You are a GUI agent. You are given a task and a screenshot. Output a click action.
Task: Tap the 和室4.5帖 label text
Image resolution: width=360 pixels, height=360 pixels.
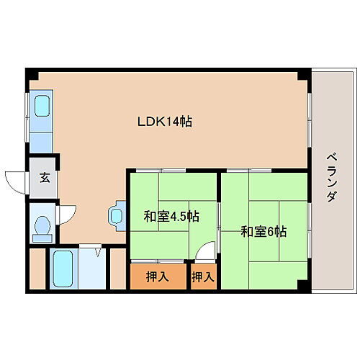(x=171, y=215)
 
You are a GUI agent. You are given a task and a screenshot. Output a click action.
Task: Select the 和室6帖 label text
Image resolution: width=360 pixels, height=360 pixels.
(x=264, y=231)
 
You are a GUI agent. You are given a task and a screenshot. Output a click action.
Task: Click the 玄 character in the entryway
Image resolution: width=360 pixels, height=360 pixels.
(x=45, y=178)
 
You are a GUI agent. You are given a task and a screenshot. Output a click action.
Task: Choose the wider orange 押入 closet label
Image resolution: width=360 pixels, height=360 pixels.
(x=158, y=276)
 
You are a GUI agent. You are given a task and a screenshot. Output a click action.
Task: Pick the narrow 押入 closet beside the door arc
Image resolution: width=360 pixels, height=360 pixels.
(x=203, y=276)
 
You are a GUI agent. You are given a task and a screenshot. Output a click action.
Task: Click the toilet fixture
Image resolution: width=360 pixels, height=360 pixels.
(x=42, y=226)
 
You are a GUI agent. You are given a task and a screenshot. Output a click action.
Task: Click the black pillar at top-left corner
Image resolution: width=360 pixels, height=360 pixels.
(x=30, y=73)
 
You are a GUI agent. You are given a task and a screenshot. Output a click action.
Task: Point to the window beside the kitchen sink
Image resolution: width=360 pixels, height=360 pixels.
(x=28, y=115)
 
